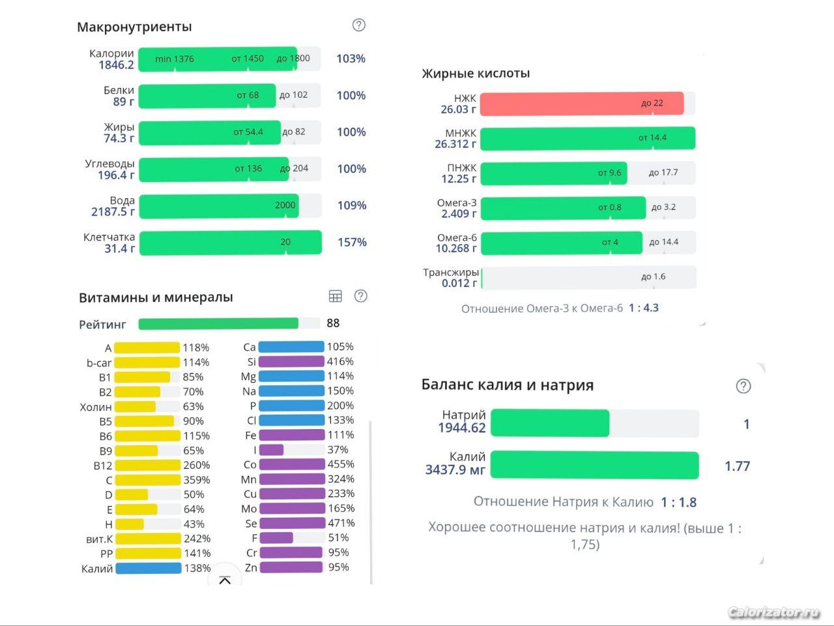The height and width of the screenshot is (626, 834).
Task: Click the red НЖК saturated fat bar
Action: point(581,104)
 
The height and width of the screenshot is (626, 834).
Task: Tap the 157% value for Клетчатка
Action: point(352,243)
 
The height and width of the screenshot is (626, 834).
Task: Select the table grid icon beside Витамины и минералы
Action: point(336,297)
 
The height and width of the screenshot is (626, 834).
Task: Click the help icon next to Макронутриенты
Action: point(359,25)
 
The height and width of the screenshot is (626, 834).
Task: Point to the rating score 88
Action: point(333,323)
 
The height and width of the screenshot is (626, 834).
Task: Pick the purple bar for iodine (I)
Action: point(272,450)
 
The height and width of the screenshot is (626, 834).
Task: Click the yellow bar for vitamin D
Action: point(132,495)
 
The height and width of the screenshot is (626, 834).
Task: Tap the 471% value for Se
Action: point(341,523)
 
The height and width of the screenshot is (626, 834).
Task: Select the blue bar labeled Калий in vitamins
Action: point(148,568)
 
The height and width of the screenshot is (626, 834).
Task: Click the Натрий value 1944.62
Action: point(462,428)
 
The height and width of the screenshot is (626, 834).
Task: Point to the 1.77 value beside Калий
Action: point(737,466)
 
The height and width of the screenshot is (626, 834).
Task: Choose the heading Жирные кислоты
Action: point(476,74)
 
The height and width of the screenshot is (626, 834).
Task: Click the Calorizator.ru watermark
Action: point(773,612)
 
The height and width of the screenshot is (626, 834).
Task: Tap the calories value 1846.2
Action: point(117,65)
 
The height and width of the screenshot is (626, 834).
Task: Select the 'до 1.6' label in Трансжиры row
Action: point(653,276)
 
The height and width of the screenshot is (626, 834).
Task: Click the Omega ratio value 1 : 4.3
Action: point(644,308)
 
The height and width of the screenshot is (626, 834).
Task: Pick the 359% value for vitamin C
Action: point(197,481)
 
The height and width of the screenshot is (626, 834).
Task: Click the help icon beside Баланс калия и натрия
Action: point(743,386)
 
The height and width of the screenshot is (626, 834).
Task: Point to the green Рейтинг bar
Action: point(218,323)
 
